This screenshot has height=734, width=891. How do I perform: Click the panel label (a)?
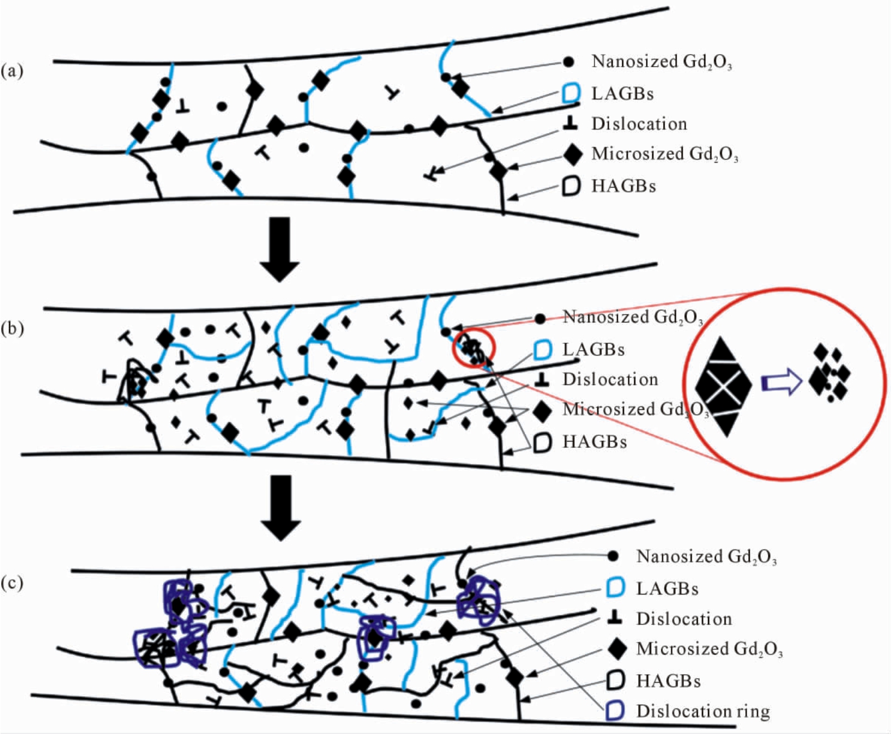pyautogui.click(x=12, y=71)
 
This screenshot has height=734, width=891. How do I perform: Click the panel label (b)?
pyautogui.click(x=12, y=329)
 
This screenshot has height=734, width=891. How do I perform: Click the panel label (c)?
pyautogui.click(x=12, y=583)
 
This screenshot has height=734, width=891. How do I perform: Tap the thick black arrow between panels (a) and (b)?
pyautogui.click(x=279, y=249)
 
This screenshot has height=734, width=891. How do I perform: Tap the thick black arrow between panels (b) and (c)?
pyautogui.click(x=281, y=508)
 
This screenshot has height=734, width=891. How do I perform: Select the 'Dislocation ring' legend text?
pyautogui.click(x=703, y=711)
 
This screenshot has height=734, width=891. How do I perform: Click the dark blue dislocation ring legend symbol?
pyautogui.click(x=615, y=711)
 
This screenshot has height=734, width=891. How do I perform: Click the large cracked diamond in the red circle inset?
pyautogui.click(x=723, y=387)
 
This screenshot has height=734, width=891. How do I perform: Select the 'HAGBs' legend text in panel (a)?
pyautogui.click(x=623, y=186)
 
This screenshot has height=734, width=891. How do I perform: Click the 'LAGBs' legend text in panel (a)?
pyautogui.click(x=622, y=94)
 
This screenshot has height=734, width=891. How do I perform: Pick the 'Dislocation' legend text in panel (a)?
pyautogui.click(x=639, y=124)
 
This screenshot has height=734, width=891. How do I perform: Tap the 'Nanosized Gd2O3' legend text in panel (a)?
pyautogui.click(x=662, y=62)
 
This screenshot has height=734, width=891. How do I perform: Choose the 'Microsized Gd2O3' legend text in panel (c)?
pyautogui.click(x=709, y=649)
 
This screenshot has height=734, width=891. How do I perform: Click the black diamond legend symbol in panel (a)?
pyautogui.click(x=573, y=154)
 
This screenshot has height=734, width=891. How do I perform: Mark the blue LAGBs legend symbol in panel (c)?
pyautogui.click(x=615, y=588)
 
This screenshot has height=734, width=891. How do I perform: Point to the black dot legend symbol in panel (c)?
pyautogui.click(x=613, y=556)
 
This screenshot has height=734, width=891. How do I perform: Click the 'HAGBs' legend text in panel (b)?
pyautogui.click(x=595, y=442)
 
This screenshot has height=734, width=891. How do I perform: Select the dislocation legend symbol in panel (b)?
pyautogui.click(x=543, y=380)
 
